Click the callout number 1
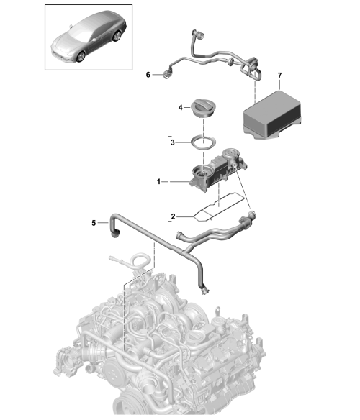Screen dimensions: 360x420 158,182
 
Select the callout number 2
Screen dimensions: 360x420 173,216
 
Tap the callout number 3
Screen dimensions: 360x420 173,142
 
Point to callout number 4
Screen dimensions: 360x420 180,108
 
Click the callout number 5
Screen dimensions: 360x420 94,223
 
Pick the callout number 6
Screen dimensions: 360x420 148,75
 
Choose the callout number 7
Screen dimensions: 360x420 280,76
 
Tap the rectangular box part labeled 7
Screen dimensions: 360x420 272,114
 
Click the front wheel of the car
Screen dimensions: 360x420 81,57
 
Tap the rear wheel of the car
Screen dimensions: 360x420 117,36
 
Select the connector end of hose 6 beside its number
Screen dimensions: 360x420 167,75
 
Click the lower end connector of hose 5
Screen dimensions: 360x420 204,291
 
